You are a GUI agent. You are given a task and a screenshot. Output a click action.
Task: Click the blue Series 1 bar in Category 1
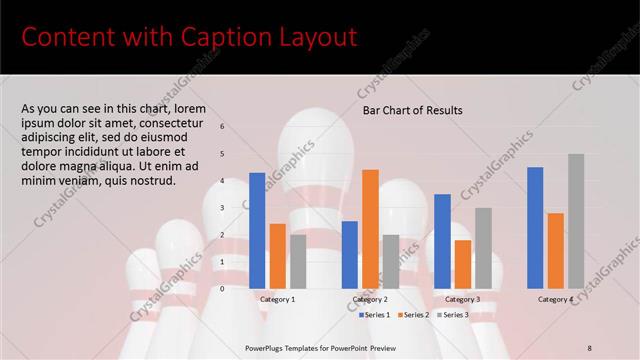click(x=257, y=231)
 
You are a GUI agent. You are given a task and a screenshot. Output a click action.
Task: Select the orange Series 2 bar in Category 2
click(x=370, y=229)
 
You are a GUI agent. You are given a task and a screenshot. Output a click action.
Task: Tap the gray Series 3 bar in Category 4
click(x=576, y=221)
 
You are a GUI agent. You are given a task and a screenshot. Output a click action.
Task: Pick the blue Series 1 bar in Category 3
click(x=442, y=241)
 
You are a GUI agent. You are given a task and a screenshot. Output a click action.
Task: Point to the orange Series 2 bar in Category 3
click(x=462, y=264)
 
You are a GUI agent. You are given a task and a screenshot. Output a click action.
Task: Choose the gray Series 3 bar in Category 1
click(x=298, y=261)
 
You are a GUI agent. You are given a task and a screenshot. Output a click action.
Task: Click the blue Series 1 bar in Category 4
click(x=535, y=228)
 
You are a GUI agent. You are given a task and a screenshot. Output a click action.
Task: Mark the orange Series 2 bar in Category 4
click(x=555, y=250)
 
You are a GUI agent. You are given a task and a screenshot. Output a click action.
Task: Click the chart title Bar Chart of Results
click(x=412, y=111)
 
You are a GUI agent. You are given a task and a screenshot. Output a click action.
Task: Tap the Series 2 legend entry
click(x=416, y=314)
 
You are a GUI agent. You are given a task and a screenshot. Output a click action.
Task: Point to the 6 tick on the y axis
click(x=223, y=127)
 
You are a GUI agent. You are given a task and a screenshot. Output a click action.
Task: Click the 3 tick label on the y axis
click(x=223, y=208)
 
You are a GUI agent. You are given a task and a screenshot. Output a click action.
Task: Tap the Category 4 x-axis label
click(x=555, y=299)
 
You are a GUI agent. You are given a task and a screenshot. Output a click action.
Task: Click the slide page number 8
click(x=590, y=346)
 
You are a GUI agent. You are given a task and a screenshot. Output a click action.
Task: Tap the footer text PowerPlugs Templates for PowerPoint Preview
click(x=320, y=346)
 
